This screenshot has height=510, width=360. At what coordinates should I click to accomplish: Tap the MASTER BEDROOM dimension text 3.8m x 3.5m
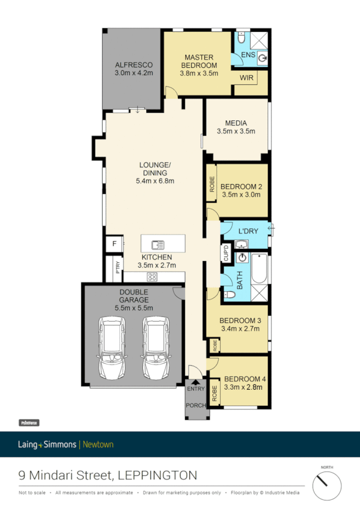tap(198, 73)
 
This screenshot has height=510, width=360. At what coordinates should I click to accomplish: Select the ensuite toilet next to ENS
tap(241, 38)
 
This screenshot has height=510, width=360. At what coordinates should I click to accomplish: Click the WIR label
tap(246, 78)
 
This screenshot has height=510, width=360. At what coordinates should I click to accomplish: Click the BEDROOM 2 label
tap(240, 186)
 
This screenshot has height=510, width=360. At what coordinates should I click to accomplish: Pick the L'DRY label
tap(248, 232)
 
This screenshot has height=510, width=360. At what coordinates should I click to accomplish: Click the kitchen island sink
tap(159, 245)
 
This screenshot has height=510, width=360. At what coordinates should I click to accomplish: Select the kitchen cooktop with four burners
tap(153, 277)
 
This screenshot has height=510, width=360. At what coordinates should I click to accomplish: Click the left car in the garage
tap(113, 349)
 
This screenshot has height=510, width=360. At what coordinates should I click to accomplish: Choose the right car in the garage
tap(154, 349)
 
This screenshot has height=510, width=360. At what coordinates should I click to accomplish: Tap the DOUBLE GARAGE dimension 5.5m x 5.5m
tap(134, 308)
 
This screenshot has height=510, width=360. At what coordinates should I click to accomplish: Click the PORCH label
tap(195, 405)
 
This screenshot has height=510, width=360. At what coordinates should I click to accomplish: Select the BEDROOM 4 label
tap(245, 379)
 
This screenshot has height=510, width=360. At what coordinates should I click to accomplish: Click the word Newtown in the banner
tap(97, 444)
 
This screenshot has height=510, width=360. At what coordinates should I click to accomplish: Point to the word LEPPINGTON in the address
tap(157, 475)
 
